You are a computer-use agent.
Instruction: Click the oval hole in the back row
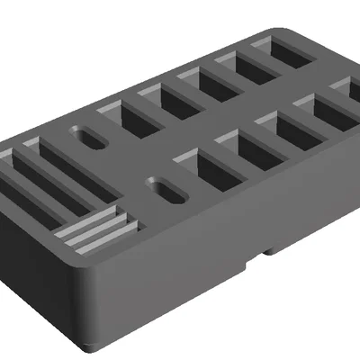click(x=90, y=139)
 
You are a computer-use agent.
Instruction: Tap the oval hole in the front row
click(x=166, y=189)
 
